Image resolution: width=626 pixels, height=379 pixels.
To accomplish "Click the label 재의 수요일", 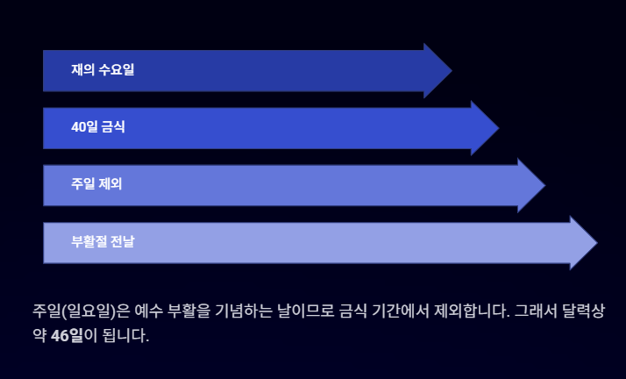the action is click(x=103, y=70).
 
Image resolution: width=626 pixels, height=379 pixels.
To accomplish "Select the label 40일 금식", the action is click(x=98, y=127).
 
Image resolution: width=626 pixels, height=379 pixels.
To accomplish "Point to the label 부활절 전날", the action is click(x=103, y=241).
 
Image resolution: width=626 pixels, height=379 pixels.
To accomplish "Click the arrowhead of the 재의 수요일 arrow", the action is click(x=437, y=70).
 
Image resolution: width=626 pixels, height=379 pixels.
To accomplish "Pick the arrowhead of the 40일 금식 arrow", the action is click(x=483, y=128).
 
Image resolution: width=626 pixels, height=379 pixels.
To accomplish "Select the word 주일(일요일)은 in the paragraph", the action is click(x=81, y=311).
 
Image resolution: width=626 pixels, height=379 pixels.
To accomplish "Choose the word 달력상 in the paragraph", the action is click(x=584, y=311).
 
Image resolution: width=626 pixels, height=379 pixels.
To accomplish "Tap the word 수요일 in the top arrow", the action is click(x=117, y=70).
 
